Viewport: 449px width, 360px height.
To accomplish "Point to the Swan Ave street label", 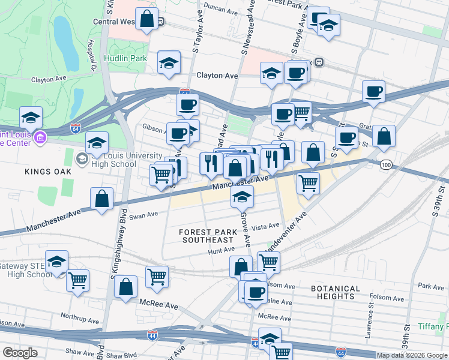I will [x=143, y=214].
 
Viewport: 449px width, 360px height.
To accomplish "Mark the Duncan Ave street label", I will [x=221, y=10].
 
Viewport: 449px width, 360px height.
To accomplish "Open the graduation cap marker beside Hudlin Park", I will [x=169, y=62].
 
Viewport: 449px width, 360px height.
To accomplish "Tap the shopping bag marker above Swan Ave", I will [x=102, y=199].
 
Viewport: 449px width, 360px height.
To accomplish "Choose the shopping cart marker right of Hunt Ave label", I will [x=268, y=262].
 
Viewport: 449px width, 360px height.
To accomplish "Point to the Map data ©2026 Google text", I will [x=412, y=355].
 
